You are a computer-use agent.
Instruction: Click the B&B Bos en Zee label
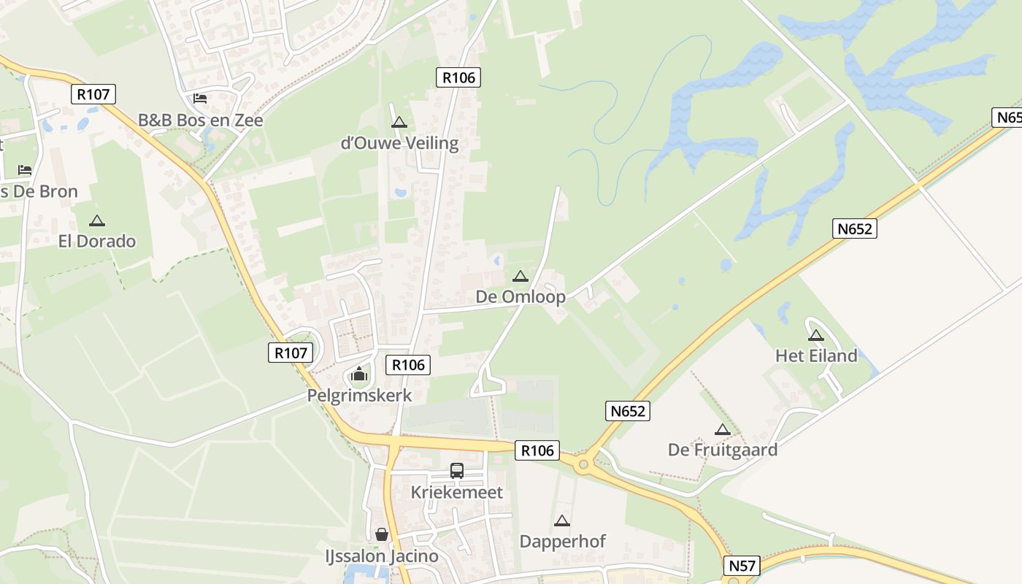click(x=201, y=120)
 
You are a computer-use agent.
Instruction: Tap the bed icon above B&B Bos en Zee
click(x=200, y=99)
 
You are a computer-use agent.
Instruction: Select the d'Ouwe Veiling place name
click(x=399, y=143)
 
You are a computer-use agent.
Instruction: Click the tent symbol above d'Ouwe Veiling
click(x=399, y=122)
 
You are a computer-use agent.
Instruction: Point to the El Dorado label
click(x=97, y=241)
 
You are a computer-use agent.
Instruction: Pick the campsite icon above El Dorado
click(x=96, y=220)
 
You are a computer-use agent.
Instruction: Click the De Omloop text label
click(x=520, y=297)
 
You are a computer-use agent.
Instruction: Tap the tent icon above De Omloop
click(x=520, y=276)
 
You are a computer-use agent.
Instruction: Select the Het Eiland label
click(x=816, y=356)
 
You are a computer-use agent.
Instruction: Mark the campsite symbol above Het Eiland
click(x=815, y=335)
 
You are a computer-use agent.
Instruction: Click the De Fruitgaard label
click(x=723, y=450)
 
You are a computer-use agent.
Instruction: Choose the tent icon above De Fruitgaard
click(x=722, y=429)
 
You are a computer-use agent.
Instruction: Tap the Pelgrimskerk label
click(x=359, y=396)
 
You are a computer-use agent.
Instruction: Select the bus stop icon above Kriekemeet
click(x=457, y=471)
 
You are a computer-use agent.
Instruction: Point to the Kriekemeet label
click(x=457, y=492)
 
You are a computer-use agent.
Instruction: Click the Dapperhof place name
click(x=562, y=542)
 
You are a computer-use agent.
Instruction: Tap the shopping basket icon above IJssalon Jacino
click(x=381, y=535)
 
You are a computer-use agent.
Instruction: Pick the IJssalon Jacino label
click(x=382, y=556)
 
